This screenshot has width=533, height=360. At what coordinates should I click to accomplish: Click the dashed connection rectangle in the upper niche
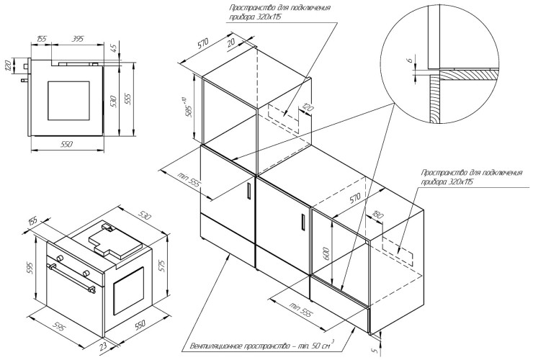pos(285,112)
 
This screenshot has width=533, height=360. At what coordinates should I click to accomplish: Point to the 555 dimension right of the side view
pos(130,99)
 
